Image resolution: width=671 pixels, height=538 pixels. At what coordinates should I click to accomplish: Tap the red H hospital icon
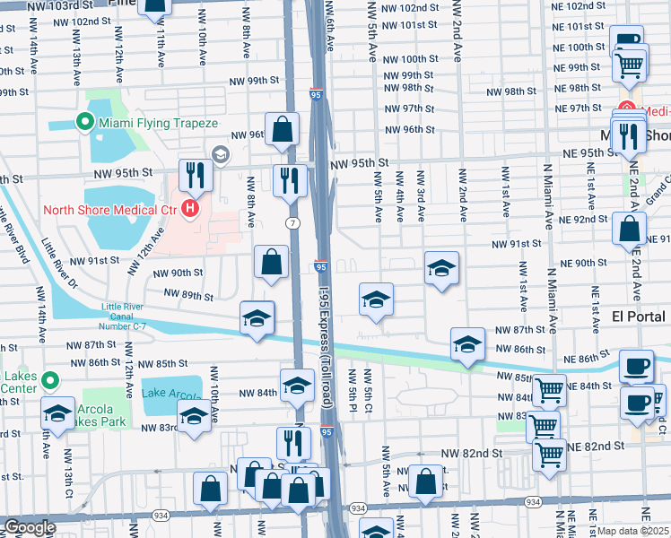pos(189,210)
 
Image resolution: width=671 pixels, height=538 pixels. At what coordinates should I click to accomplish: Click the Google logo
pos(29,527)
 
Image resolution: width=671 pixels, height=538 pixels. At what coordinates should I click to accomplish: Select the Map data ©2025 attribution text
pos(633,531)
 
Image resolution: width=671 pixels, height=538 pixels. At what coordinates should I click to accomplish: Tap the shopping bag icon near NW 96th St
pos(282,128)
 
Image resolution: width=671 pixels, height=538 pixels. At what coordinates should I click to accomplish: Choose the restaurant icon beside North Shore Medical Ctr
pos(194,174)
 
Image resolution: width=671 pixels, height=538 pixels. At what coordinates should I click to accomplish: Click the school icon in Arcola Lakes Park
pos(58,413)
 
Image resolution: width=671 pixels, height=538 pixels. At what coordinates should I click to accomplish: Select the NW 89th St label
pos(187,295)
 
